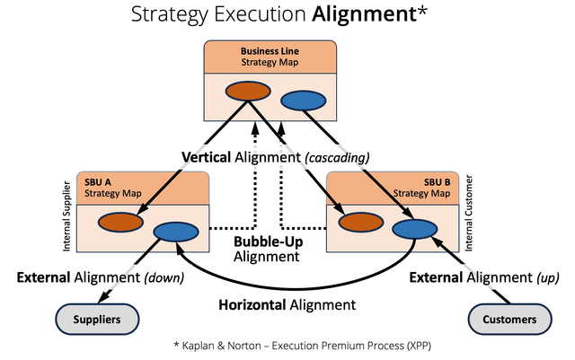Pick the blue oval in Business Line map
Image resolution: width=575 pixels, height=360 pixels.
point(302,101)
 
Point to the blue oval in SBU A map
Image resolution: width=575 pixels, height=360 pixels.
point(175,232)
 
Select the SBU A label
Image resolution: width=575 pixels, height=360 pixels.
point(93,182)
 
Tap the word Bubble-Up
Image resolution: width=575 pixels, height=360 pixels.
point(265,242)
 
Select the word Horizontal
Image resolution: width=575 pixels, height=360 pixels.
point(252,304)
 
